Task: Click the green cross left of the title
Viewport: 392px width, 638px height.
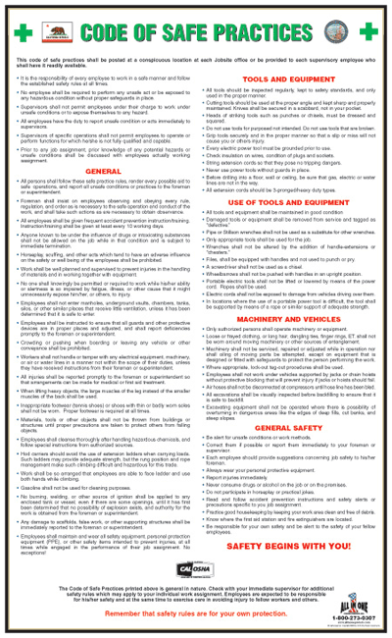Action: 19,32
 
